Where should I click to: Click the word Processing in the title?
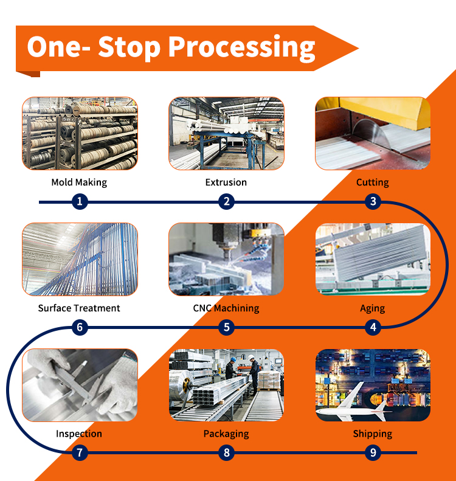[242, 47]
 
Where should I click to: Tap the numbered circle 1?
[80, 201]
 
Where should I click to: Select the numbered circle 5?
[227, 327]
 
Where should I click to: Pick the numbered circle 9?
[373, 452]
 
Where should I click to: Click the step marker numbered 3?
[373, 201]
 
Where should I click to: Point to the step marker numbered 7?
[80, 452]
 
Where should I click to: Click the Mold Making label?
[79, 182]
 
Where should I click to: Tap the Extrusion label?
[226, 182]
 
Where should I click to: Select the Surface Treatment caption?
[79, 308]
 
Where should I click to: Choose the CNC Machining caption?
[226, 308]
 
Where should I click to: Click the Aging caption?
[373, 308]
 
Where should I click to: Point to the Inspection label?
[79, 434]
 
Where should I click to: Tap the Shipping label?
[373, 434]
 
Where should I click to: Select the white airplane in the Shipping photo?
[353, 403]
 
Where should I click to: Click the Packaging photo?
[226, 385]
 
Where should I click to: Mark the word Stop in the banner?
[129, 47]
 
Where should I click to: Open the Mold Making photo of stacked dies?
[80, 133]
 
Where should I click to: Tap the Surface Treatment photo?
[80, 259]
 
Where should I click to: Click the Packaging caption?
[226, 434]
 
